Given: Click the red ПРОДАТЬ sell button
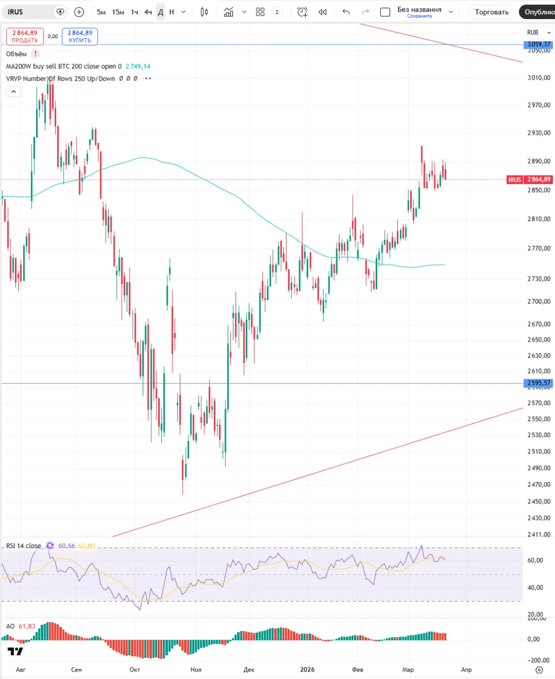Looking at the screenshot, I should (x=25, y=37).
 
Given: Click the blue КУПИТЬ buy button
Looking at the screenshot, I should (x=80, y=37).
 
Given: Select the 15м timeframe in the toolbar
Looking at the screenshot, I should (x=118, y=12).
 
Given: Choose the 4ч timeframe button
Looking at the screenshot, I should (x=148, y=12).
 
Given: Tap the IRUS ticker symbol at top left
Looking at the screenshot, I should (x=16, y=12).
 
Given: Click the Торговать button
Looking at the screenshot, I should (x=491, y=12).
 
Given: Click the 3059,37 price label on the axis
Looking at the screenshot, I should (x=539, y=45).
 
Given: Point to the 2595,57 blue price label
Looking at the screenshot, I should (x=539, y=383).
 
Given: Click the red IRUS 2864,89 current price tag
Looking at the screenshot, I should (x=530, y=180).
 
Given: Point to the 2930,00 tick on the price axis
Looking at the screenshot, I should (x=539, y=133).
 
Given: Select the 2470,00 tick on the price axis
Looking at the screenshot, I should (x=539, y=484).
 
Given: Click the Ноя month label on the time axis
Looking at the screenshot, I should (x=196, y=669).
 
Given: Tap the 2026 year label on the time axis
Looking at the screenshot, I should (x=307, y=669).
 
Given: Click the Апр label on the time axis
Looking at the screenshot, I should (x=466, y=669).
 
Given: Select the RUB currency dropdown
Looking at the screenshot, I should (x=538, y=32).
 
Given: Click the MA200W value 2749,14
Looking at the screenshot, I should (x=138, y=66).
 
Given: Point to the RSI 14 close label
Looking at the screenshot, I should (x=23, y=546).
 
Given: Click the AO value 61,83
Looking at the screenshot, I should (x=27, y=626).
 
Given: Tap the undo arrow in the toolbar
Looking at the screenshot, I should (x=346, y=12).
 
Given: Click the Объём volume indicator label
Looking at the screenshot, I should (x=16, y=54).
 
